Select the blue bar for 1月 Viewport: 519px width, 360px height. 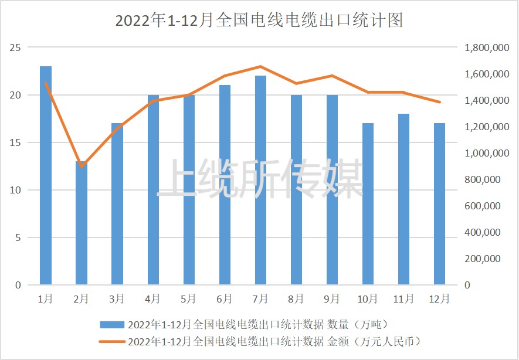pyautogui.click(x=46, y=176)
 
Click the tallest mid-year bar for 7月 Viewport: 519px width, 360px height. pyautogui.click(x=260, y=181)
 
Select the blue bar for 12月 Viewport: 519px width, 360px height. pyautogui.click(x=440, y=204)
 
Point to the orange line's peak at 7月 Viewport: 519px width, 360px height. pyautogui.click(x=260, y=66)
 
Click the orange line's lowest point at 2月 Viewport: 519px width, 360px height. pyautogui.click(x=82, y=167)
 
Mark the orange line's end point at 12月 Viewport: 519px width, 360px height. pyautogui.click(x=440, y=102)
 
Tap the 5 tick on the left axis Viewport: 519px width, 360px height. pyautogui.click(x=18, y=237)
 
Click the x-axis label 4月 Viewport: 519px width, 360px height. pyautogui.click(x=153, y=299)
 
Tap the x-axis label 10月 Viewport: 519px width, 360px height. pyautogui.click(x=368, y=299)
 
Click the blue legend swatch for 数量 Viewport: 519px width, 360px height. pyautogui.click(x=112, y=324)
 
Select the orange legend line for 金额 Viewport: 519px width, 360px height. pyautogui.click(x=112, y=341)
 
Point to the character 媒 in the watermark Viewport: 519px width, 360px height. pyautogui.click(x=344, y=178)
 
